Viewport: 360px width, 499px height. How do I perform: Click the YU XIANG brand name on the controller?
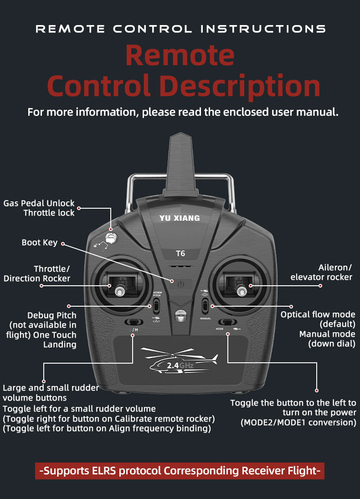180,218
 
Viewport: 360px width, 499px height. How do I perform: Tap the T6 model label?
180,253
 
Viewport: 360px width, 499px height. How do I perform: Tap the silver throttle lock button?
110,237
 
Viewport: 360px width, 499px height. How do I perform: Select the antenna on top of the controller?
180,164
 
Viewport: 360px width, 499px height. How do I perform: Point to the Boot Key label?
40,242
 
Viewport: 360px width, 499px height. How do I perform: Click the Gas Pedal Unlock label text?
39,203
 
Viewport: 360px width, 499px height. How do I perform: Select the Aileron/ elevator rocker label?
321,272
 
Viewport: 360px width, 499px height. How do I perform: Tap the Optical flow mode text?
318,314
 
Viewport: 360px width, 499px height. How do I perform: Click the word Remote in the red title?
180,55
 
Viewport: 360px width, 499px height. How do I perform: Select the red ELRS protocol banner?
180,470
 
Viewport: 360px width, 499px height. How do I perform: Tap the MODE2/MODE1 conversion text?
298,422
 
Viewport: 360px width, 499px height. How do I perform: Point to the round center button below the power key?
180,314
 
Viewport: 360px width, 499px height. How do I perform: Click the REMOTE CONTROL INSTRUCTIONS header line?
180,29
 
